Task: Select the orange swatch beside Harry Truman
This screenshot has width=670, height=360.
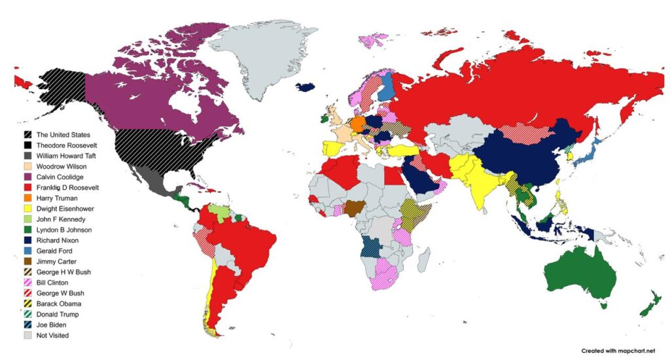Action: tap(27, 198)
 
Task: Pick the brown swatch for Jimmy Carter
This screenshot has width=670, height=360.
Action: tap(27, 261)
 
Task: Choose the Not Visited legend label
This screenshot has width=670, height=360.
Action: tap(52, 335)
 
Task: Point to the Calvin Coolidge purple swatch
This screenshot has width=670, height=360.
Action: tap(27, 177)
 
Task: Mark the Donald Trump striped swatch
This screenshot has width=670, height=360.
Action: tap(27, 314)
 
